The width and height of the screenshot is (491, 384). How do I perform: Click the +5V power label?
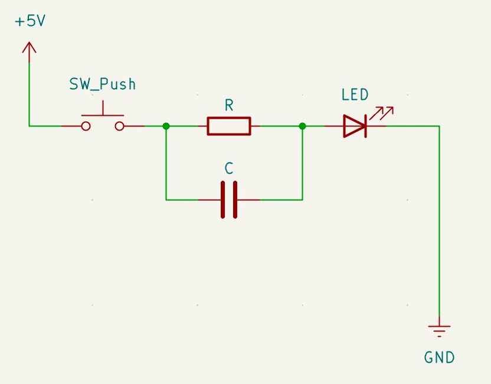[30, 21]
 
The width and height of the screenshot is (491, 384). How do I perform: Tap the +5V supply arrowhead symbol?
[29, 48]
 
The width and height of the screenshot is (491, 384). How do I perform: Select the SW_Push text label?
[103, 84]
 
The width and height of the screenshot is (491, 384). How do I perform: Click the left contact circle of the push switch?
[86, 126]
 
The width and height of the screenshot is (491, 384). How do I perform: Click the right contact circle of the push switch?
[120, 126]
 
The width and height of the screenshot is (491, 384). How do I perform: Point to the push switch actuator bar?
[103, 115]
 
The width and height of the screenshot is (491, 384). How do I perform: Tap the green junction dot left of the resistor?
[166, 126]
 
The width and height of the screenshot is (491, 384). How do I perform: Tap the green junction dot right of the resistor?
[303, 126]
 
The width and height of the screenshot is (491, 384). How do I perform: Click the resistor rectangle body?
[229, 118]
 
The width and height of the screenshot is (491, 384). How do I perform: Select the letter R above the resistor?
[229, 105]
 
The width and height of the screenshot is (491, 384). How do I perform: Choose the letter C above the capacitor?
[229, 168]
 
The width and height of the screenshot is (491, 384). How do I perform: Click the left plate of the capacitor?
[222, 200]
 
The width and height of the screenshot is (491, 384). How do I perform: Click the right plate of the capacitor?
[235, 200]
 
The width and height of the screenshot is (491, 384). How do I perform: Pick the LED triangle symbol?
[353, 126]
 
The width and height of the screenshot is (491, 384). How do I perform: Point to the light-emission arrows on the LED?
[381, 113]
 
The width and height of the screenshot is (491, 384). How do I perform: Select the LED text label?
[355, 95]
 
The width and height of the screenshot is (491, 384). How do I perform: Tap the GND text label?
[439, 357]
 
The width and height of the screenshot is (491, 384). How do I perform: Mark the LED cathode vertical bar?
[365, 126]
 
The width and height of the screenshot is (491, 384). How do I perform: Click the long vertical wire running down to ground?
[439, 222]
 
